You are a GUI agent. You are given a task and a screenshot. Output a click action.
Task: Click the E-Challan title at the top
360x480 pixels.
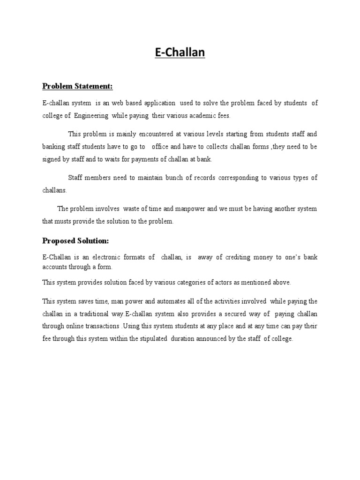[180, 52]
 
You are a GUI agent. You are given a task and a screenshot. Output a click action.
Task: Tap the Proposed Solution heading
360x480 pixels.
[75, 241]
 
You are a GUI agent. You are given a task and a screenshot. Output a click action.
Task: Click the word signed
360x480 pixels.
[51, 159]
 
